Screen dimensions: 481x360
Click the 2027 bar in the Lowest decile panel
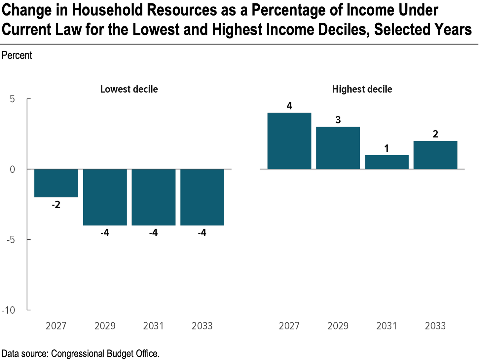(x=56, y=183)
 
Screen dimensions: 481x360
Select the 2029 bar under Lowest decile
(x=105, y=197)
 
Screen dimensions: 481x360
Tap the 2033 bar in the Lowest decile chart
(x=202, y=197)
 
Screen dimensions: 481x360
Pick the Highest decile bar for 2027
(x=289, y=141)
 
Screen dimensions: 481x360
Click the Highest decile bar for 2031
(x=387, y=162)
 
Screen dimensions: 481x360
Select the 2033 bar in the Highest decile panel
(x=435, y=155)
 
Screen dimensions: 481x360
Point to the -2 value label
(x=56, y=205)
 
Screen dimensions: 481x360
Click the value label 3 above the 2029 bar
(x=338, y=120)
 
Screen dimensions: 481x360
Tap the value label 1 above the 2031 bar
(x=387, y=148)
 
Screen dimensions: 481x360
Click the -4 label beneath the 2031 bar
(x=153, y=233)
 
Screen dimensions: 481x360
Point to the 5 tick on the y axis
(x=12, y=99)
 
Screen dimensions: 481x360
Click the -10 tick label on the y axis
(x=8, y=310)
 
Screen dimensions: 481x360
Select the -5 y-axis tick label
(x=11, y=240)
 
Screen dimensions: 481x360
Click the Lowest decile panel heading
(x=129, y=89)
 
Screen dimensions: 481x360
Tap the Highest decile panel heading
(x=362, y=90)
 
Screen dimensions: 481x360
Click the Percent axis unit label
(x=17, y=55)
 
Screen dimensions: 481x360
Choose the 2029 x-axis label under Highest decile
(x=338, y=326)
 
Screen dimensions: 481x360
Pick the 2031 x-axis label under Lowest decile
(x=153, y=326)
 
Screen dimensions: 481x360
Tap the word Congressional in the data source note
(x=78, y=354)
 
